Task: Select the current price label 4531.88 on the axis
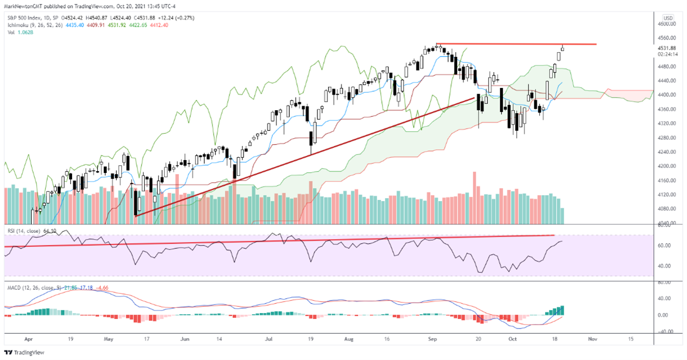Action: (668, 48)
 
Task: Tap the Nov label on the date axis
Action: (593, 339)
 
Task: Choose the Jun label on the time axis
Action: (185, 339)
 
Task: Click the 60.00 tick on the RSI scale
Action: (664, 246)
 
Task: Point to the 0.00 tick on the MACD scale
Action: (664, 315)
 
